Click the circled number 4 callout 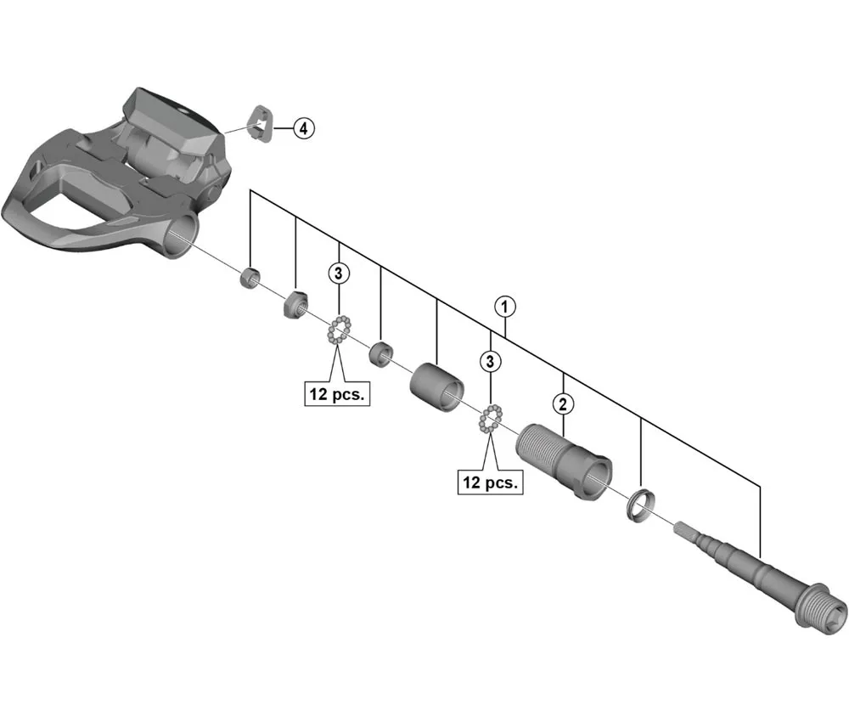[x=303, y=128]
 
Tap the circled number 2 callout [x=562, y=403]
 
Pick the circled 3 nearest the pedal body [x=339, y=273]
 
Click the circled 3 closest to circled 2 [x=490, y=362]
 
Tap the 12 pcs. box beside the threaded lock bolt [x=490, y=482]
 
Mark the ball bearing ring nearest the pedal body [x=338, y=330]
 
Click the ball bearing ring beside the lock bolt [x=490, y=419]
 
